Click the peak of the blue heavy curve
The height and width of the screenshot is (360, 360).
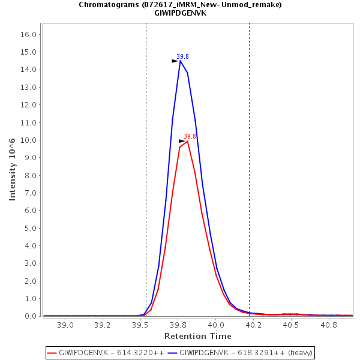pyautogui.click(x=180, y=61)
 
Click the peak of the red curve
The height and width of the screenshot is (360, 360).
pyautogui.click(x=188, y=141)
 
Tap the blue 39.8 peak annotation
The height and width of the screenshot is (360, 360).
pyautogui.click(x=183, y=56)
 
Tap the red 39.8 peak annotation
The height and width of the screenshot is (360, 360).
pyautogui.click(x=190, y=136)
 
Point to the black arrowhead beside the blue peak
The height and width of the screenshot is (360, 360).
pyautogui.click(x=175, y=61)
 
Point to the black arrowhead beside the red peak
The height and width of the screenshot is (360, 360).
pyautogui.click(x=182, y=141)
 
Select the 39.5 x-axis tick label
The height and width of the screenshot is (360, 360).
pyautogui.click(x=140, y=325)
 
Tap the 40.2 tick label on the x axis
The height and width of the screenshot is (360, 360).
pyautogui.click(x=253, y=325)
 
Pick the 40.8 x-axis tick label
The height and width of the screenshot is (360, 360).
pyautogui.click(x=328, y=325)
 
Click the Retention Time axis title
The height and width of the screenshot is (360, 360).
pyautogui.click(x=197, y=336)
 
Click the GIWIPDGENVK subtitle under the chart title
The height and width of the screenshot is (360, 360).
pyautogui.click(x=180, y=13)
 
